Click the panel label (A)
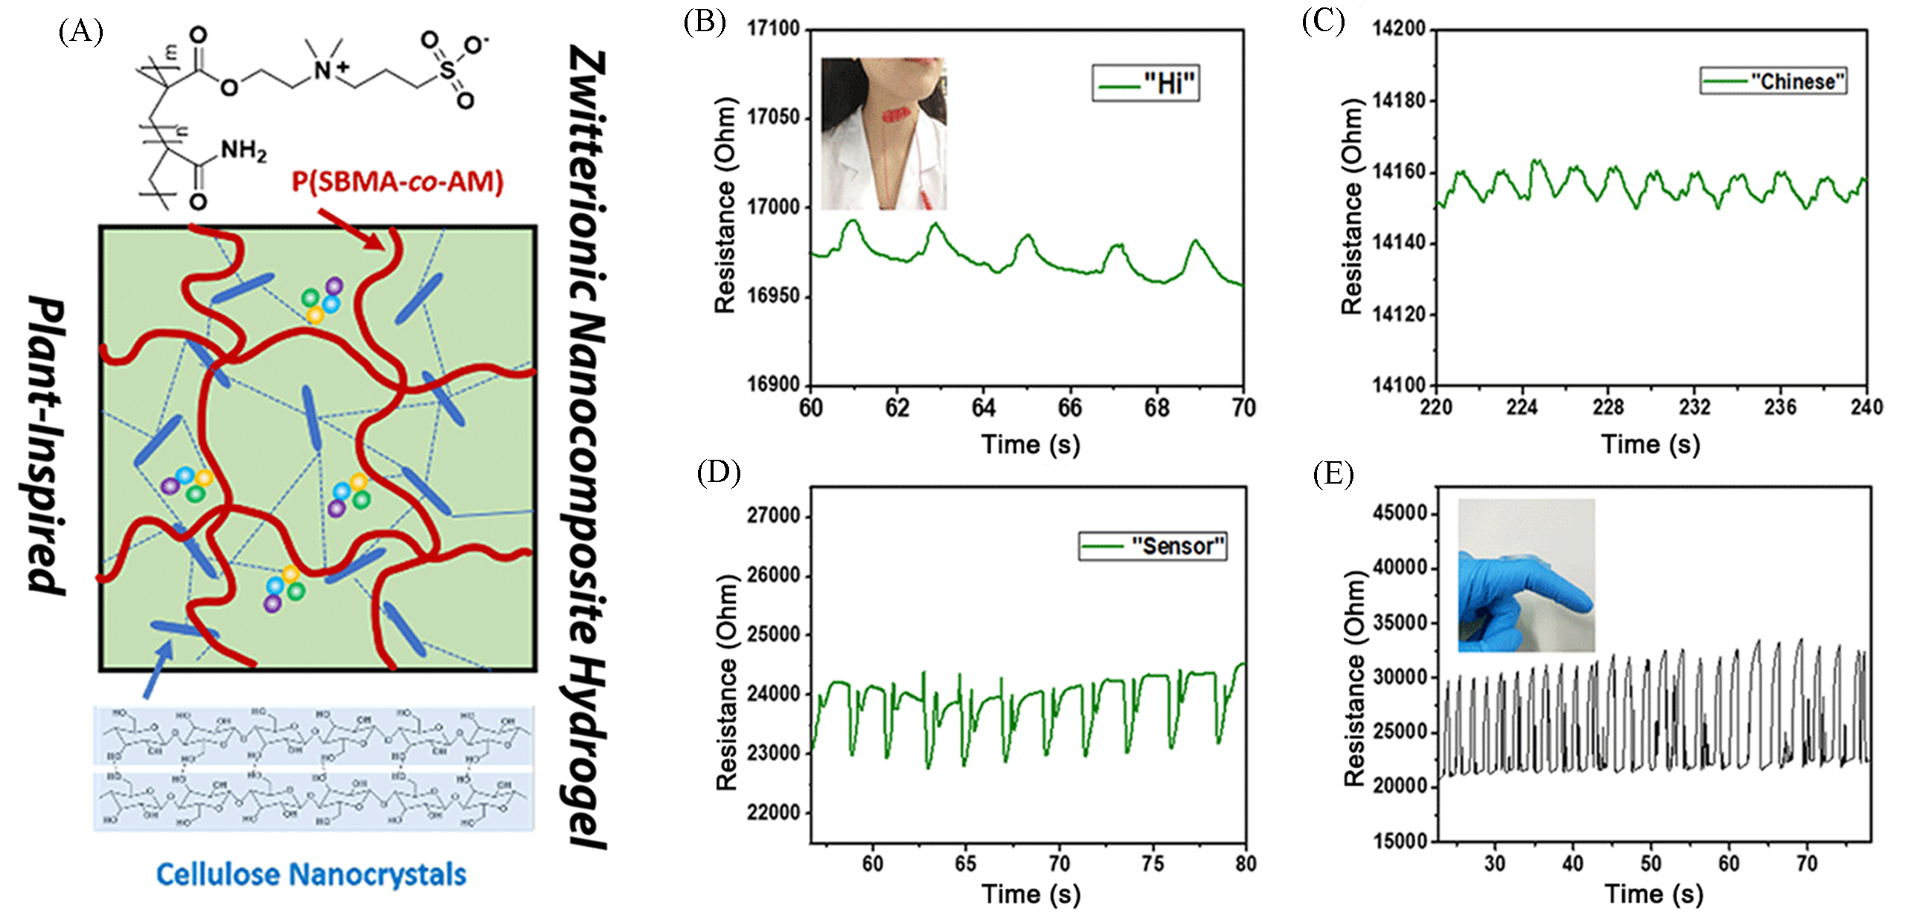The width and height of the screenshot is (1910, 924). [80, 33]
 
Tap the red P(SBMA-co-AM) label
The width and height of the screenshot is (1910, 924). [397, 181]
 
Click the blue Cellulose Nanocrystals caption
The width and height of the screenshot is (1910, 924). [311, 874]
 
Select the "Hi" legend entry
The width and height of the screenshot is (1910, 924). [1147, 83]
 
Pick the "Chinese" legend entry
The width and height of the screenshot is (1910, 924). [1773, 81]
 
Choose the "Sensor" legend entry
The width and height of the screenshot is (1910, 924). [1153, 547]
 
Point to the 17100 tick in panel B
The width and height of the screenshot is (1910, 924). [773, 29]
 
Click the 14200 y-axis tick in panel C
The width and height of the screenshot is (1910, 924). [1399, 29]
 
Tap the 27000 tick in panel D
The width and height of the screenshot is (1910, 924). [773, 516]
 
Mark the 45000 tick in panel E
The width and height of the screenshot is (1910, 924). [1400, 513]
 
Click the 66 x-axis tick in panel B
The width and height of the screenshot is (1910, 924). [1070, 408]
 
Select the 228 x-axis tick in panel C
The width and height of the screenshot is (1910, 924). [1608, 408]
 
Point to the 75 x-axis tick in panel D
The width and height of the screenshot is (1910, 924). [1153, 864]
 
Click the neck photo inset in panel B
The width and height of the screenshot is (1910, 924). [883, 134]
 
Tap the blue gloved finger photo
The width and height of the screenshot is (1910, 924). [1525, 575]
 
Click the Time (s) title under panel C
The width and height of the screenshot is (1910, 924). [1650, 445]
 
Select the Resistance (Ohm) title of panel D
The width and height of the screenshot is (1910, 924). [726, 683]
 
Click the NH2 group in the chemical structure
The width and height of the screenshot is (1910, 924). [243, 151]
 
